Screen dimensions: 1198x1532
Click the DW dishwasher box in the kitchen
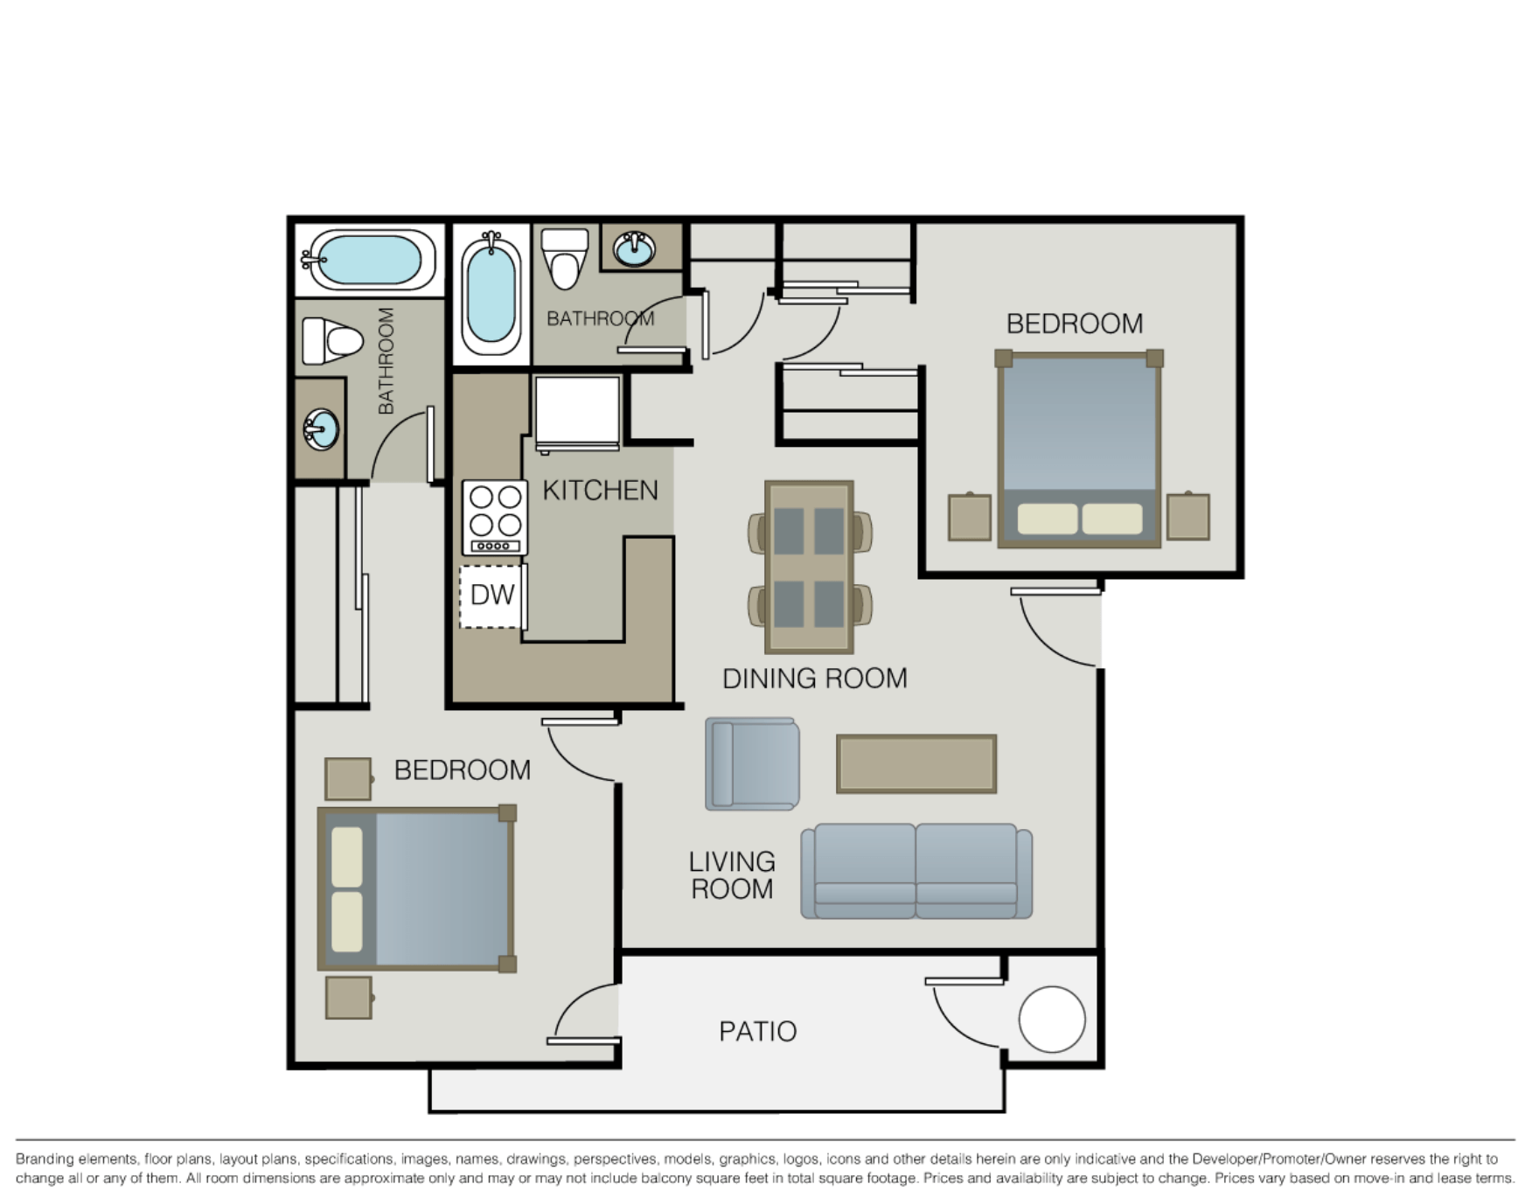pos(491,596)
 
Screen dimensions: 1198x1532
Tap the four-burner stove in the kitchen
pos(495,517)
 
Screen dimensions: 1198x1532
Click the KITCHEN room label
pos(600,490)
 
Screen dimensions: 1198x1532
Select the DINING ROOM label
pos(814,678)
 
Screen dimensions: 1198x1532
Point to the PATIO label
pos(757,1031)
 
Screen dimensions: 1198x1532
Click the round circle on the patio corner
pos(1052,1019)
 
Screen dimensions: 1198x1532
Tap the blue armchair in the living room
pos(752,763)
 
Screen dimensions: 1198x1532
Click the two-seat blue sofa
pos(916,871)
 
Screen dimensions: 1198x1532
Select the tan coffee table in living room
pos(916,763)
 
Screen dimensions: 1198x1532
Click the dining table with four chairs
pos(809,567)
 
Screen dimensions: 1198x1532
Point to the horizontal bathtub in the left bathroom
pos(369,259)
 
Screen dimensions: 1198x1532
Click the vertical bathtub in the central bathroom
pos(491,293)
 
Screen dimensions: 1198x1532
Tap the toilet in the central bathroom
pos(564,257)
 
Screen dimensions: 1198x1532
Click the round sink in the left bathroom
pos(320,429)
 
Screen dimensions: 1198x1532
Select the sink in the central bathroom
pos(634,248)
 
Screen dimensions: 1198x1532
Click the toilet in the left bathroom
pos(331,340)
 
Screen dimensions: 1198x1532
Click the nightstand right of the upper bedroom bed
pos(1187,516)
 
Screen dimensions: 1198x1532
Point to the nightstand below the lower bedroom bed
pos(348,997)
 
